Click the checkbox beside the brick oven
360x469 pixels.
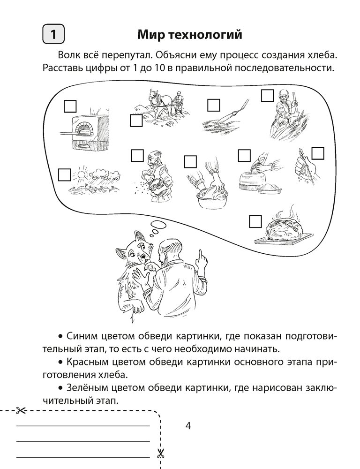point(70,106)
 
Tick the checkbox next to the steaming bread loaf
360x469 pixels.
point(255,222)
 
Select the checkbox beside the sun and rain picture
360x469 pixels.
point(64,174)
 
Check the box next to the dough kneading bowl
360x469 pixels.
point(190,161)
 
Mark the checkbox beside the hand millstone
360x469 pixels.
point(244,156)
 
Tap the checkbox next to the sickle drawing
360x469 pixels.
point(213,105)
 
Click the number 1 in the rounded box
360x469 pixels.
point(53,34)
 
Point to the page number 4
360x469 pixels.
point(188,425)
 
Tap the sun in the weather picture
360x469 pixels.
point(81,174)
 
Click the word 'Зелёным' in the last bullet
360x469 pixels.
point(84,388)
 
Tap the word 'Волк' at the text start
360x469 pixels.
point(69,56)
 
